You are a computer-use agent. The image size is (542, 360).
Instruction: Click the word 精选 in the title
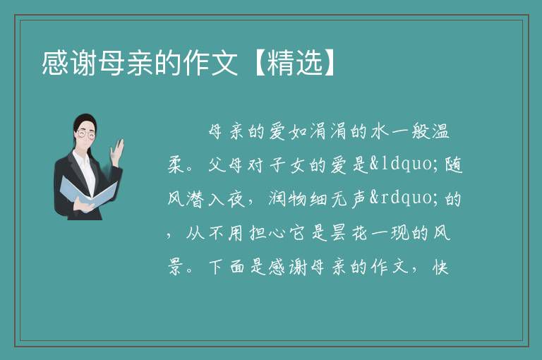click(x=295, y=63)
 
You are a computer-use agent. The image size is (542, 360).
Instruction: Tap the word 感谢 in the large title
click(x=68, y=63)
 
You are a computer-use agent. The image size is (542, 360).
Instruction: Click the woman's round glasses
click(x=86, y=134)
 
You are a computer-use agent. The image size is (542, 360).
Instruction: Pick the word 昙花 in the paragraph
click(x=349, y=233)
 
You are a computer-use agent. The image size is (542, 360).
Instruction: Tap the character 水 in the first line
click(x=380, y=131)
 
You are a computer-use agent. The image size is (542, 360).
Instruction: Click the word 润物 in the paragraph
click(x=288, y=199)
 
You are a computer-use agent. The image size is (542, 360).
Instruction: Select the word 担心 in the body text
click(x=267, y=233)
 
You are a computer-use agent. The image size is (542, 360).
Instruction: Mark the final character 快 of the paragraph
click(x=440, y=267)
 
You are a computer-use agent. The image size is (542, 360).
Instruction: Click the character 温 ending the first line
click(x=440, y=131)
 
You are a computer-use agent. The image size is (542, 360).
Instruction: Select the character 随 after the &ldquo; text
click(x=454, y=165)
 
